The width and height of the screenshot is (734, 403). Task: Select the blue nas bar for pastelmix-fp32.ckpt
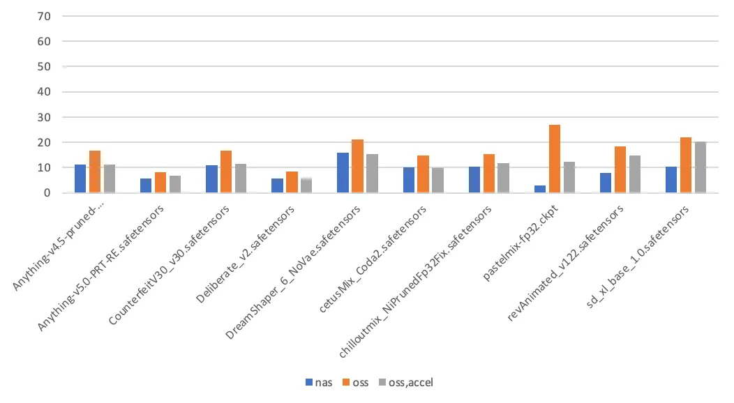tap(539, 189)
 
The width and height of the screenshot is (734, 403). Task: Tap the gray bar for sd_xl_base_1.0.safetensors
tap(700, 167)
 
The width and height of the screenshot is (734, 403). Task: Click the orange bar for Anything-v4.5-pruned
tap(95, 172)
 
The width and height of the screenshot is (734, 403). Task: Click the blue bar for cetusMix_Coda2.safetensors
tap(408, 180)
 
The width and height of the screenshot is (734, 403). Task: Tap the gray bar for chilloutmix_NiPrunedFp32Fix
tap(503, 178)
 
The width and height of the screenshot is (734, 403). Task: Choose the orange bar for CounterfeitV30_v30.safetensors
tap(226, 172)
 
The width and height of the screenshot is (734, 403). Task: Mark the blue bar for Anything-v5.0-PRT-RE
tap(146, 185)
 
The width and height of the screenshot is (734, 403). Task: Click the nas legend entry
tap(318, 383)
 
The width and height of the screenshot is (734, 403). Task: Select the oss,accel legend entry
tap(406, 383)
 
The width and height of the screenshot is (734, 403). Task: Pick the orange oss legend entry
tap(355, 383)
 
